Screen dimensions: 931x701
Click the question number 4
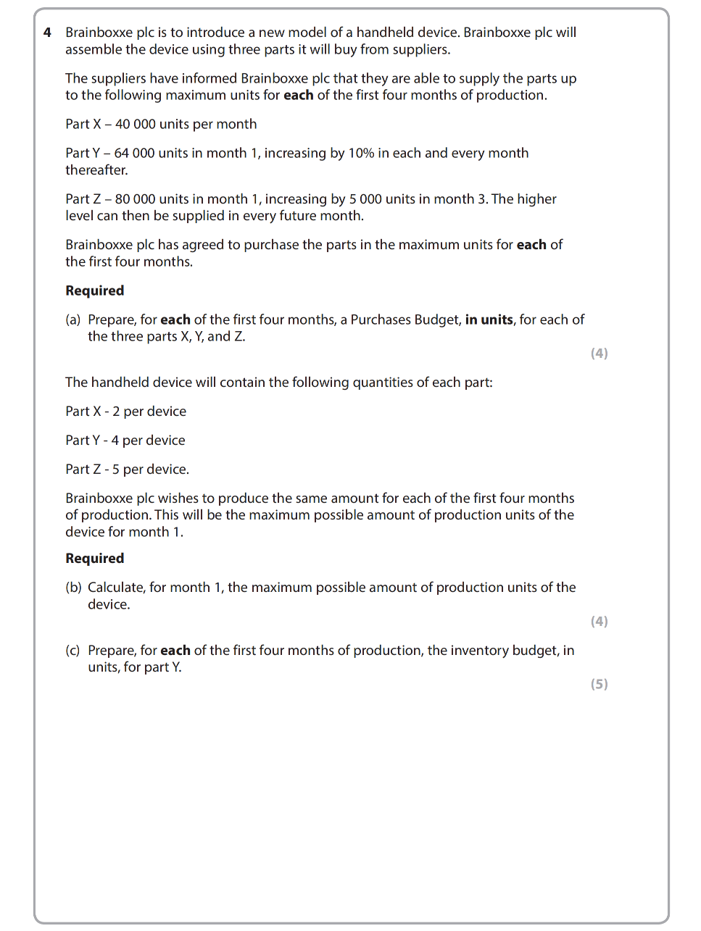pyautogui.click(x=47, y=33)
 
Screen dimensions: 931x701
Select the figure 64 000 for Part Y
pyautogui.click(x=134, y=153)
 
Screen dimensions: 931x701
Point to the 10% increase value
pyautogui.click(x=361, y=153)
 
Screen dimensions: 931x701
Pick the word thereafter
pyautogui.click(x=96, y=170)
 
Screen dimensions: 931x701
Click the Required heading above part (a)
pyautogui.click(x=95, y=291)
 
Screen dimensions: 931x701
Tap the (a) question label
pyautogui.click(x=73, y=320)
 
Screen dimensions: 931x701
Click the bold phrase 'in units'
pyautogui.click(x=489, y=320)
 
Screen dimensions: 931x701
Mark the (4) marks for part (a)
pyautogui.click(x=599, y=354)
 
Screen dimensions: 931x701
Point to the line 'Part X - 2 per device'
pyautogui.click(x=125, y=412)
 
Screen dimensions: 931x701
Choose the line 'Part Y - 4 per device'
pyautogui.click(x=125, y=441)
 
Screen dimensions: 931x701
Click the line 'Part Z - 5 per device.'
pyautogui.click(x=127, y=469)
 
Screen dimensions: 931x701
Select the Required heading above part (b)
pyautogui.click(x=95, y=559)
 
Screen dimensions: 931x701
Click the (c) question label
pyautogui.click(x=73, y=651)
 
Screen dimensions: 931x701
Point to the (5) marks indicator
pyautogui.click(x=599, y=685)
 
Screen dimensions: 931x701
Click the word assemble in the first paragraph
pyautogui.click(x=94, y=50)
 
